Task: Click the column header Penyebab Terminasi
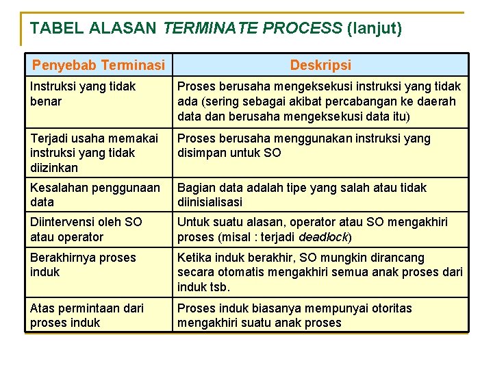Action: coord(99,66)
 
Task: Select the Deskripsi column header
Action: coord(320,66)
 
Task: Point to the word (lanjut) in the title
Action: coord(375,29)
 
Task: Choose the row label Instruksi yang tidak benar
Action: coord(83,94)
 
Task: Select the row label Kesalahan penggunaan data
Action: coord(94,195)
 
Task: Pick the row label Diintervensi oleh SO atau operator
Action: coord(86,230)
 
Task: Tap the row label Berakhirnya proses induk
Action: coord(83,264)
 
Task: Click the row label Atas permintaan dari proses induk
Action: coord(87,315)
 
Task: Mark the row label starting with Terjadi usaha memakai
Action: coord(93,153)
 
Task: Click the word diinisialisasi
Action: coord(210,203)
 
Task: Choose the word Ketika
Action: coord(194,258)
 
